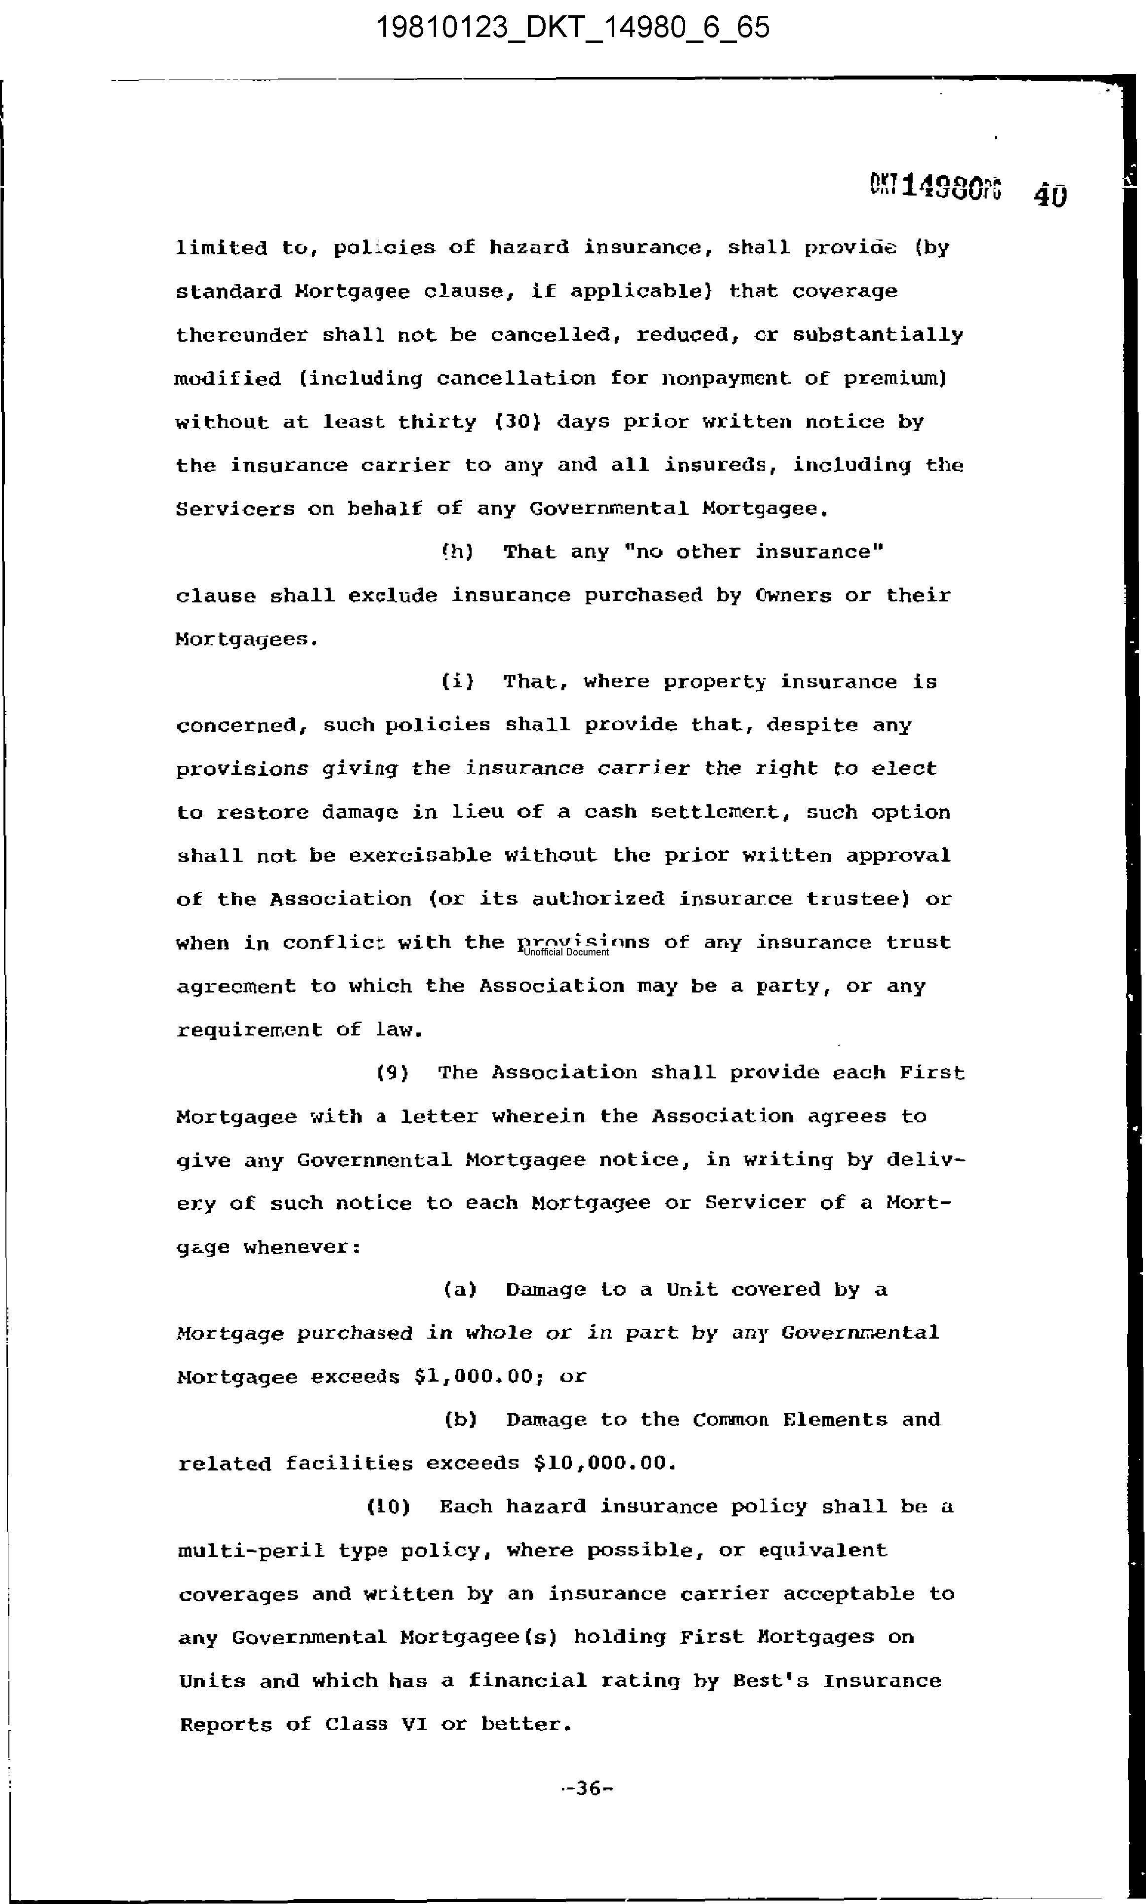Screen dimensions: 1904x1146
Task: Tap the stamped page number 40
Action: coord(1049,194)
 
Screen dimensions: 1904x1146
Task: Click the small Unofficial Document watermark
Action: coord(566,952)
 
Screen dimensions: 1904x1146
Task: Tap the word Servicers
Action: coord(235,509)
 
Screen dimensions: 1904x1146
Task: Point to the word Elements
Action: coord(835,1420)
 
